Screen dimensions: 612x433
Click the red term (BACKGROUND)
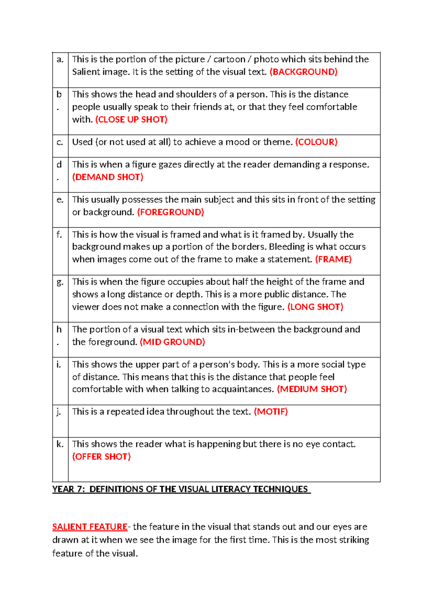(303, 72)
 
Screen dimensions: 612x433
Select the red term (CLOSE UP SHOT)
(131, 119)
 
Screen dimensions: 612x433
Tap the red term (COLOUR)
(316, 142)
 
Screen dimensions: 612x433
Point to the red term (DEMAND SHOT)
(108, 177)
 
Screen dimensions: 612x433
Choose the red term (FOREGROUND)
(171, 212)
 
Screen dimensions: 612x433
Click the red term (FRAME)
(333, 259)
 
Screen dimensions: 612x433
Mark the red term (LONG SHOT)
(315, 307)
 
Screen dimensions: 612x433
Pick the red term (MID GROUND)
(172, 342)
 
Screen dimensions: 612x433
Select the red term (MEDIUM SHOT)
(311, 389)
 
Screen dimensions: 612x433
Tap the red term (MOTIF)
(271, 412)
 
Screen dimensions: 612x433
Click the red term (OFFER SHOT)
(101, 456)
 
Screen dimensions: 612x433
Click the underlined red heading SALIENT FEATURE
(90, 527)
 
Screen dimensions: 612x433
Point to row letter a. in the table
(60, 60)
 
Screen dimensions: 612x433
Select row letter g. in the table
(60, 282)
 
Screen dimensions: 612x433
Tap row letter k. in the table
(60, 444)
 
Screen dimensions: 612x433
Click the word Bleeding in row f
(287, 247)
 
